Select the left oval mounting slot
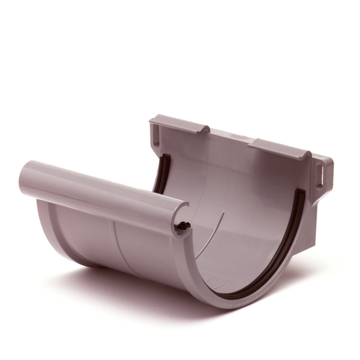click(156, 134)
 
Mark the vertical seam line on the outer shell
click(114, 244)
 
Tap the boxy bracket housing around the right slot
click(323, 174)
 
